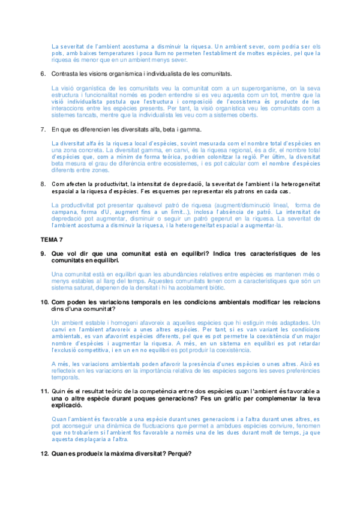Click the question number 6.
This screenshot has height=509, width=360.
(43, 73)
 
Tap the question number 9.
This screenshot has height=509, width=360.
(43, 254)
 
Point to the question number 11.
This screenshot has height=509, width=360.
(44, 391)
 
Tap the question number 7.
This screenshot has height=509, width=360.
(43, 129)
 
